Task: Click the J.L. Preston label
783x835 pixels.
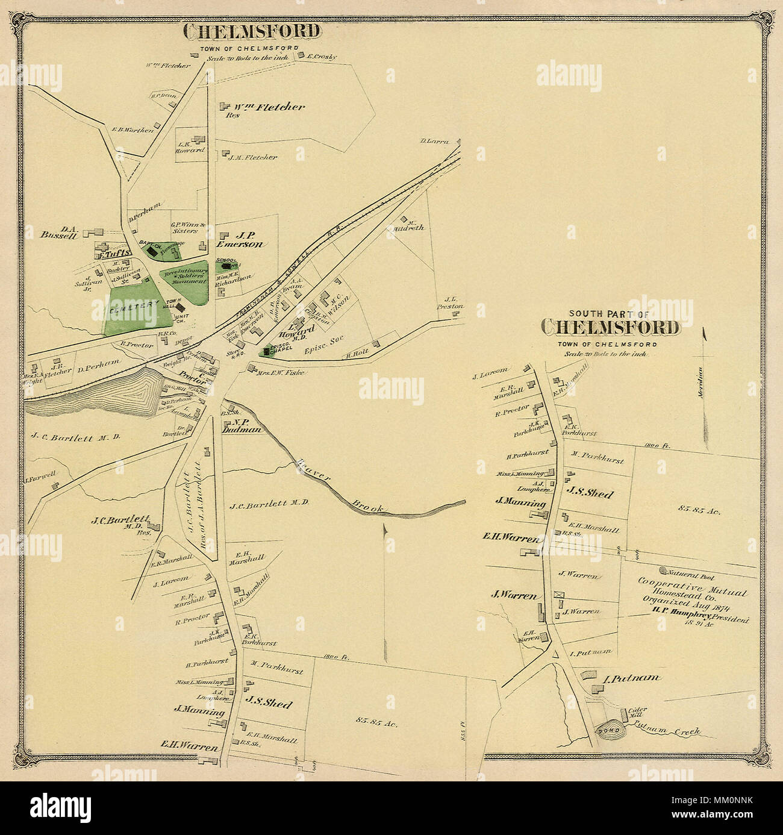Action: [x=454, y=302]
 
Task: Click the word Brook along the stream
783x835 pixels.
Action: [x=369, y=505]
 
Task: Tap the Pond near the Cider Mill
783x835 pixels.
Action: [x=605, y=730]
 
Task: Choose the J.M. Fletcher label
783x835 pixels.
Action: [x=252, y=157]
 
